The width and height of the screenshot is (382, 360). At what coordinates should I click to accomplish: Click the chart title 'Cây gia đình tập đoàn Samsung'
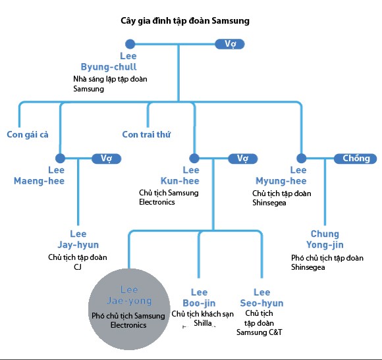click(185, 21)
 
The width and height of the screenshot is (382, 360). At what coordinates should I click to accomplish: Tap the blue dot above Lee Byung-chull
click(130, 44)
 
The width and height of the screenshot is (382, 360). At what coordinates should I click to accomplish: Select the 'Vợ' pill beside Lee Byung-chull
click(230, 44)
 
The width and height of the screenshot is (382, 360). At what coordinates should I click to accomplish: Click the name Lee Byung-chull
click(109, 61)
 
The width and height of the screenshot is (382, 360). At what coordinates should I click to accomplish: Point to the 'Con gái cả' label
click(28, 135)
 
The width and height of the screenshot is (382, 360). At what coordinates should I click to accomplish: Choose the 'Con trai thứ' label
click(146, 134)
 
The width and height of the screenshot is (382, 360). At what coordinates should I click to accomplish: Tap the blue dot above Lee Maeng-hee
click(60, 158)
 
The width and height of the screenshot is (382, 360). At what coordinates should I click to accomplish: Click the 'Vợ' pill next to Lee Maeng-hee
click(107, 159)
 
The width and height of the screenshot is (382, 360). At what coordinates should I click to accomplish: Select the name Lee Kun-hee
click(180, 176)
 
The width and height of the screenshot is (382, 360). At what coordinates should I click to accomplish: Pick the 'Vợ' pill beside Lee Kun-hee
click(243, 159)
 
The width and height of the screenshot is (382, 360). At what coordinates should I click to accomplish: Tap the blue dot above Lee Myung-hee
click(302, 158)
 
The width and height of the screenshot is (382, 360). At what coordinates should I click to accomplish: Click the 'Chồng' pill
click(356, 159)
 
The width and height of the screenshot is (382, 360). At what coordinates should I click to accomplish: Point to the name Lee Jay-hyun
click(78, 240)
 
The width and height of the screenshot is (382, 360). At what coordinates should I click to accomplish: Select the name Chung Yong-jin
click(325, 240)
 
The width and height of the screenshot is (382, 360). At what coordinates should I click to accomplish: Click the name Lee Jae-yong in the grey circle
click(129, 296)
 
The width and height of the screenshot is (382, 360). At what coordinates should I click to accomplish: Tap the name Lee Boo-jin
click(199, 297)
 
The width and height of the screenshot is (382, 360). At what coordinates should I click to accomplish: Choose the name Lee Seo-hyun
click(261, 297)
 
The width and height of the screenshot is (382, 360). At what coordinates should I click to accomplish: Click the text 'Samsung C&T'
click(259, 332)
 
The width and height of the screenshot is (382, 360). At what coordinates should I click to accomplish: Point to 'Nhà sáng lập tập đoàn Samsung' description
click(110, 84)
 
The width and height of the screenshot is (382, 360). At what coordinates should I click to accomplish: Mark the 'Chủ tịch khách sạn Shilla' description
click(202, 319)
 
